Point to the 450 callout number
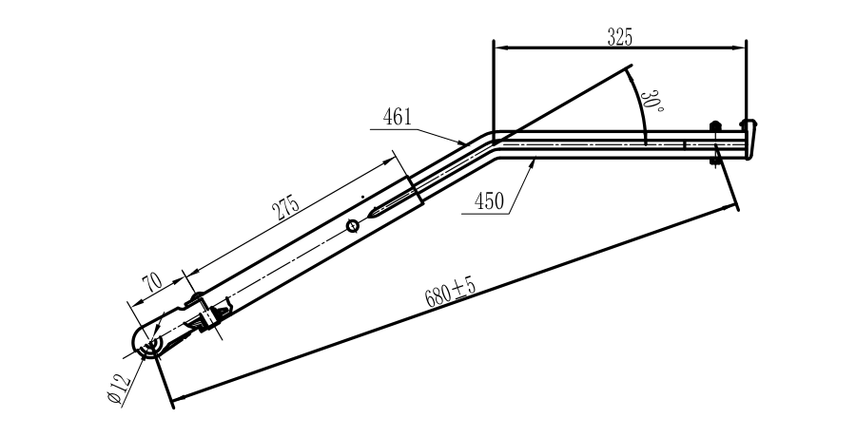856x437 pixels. tap(487, 201)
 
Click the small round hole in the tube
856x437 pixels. tap(353, 224)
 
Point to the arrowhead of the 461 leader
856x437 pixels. tap(466, 142)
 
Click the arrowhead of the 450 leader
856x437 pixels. tap(536, 161)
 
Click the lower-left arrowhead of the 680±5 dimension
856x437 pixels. tap(173, 394)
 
